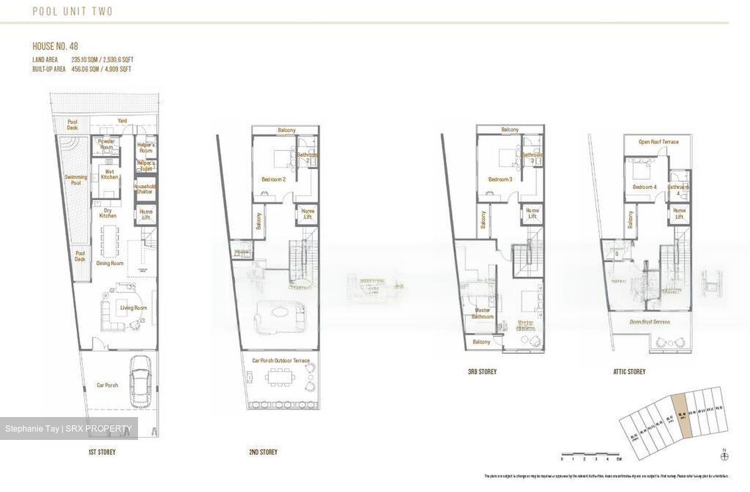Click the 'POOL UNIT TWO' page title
click(72, 11)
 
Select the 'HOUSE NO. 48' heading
click(55, 46)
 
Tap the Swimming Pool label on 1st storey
click(76, 180)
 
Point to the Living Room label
click(133, 308)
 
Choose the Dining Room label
click(110, 263)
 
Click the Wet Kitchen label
click(109, 174)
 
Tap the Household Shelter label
click(145, 188)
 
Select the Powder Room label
click(107, 144)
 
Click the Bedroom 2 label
click(273, 180)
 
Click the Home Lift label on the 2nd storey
click(307, 214)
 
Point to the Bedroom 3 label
click(500, 180)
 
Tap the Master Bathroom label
click(482, 313)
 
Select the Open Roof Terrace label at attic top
click(658, 142)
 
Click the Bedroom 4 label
click(644, 187)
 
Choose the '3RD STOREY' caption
click(482, 372)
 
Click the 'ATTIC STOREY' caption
click(629, 372)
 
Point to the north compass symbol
click(724, 457)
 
